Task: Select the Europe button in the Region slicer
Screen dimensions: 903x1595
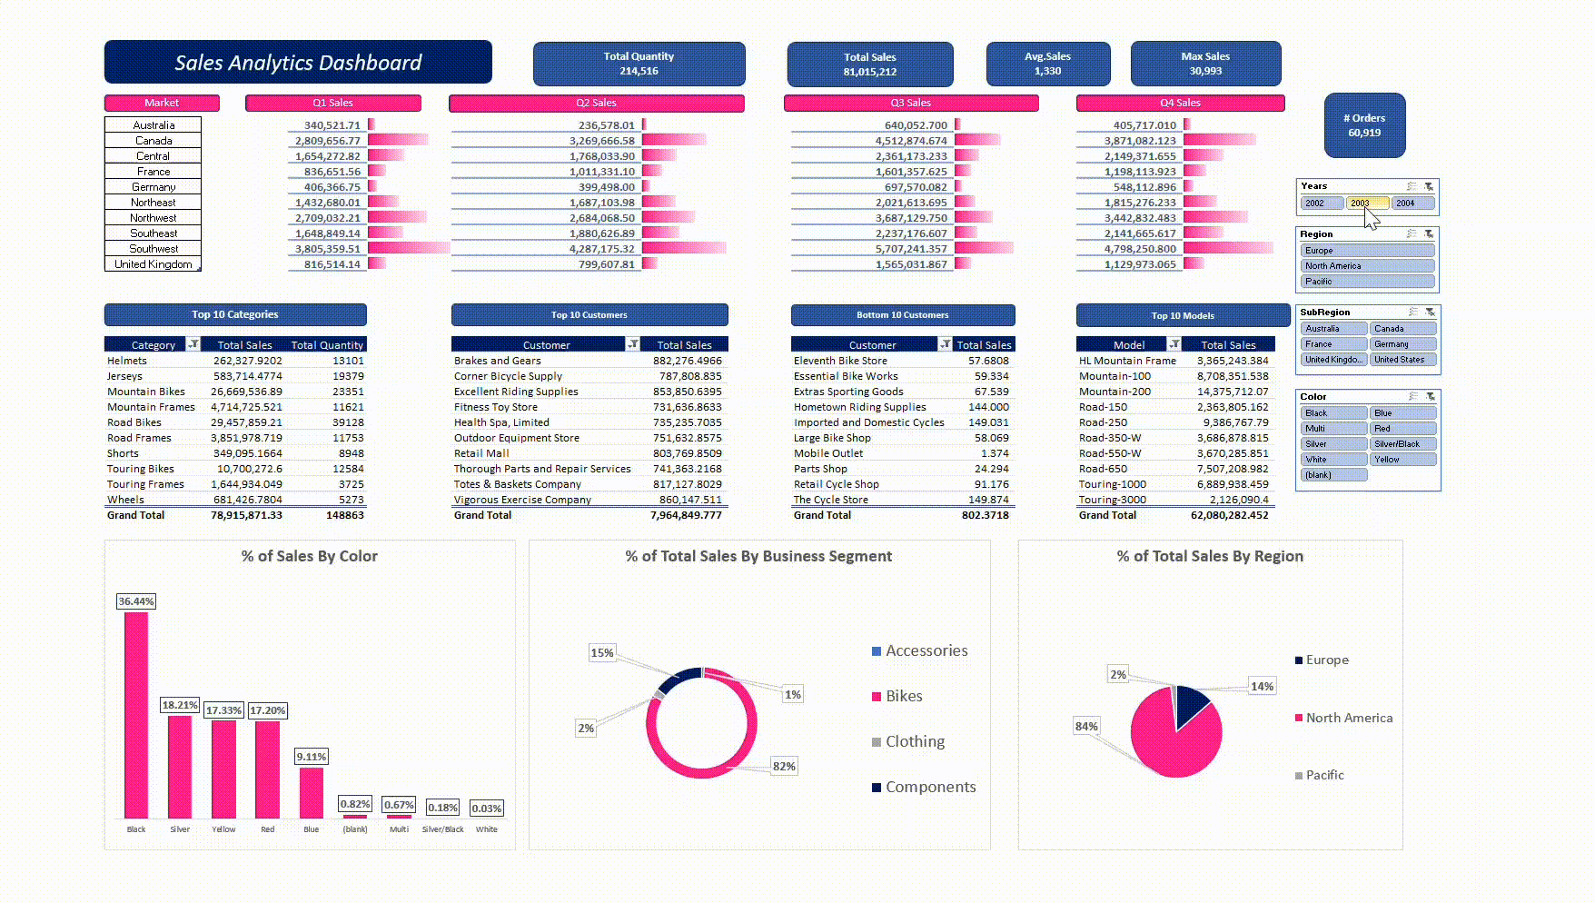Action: pos(1367,251)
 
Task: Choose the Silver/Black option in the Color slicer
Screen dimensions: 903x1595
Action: pos(1402,444)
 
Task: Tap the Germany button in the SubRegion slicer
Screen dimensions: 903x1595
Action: pos(1402,344)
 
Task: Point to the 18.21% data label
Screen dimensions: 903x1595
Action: pos(180,705)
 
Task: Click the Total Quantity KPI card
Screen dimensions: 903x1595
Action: pos(639,64)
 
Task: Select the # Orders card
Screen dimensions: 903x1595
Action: pos(1364,125)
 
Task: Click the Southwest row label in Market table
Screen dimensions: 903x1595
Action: pos(154,249)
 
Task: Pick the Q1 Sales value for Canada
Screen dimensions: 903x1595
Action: pos(328,141)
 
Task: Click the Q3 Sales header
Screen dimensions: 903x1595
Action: pos(910,103)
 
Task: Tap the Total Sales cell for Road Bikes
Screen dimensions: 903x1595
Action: pos(246,422)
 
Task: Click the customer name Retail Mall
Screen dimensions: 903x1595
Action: pos(481,453)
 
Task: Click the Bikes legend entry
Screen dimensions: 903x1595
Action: pos(904,697)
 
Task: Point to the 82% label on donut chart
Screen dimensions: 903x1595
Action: pos(784,766)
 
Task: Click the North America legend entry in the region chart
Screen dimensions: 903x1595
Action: pos(1349,718)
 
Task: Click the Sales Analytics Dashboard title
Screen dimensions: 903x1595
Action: pos(298,63)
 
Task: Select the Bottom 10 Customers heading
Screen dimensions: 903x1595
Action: pos(902,315)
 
